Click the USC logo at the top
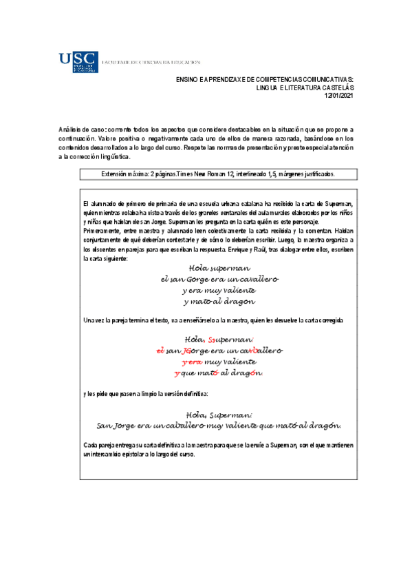(x=78, y=62)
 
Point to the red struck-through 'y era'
(x=191, y=362)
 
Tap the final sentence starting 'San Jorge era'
(x=219, y=426)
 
